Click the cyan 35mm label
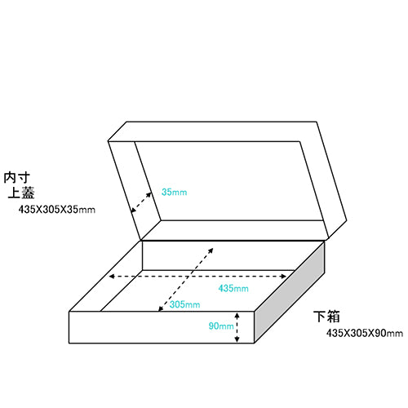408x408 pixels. [x=174, y=192]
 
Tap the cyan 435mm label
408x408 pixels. [x=233, y=288]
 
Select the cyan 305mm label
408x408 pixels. [x=184, y=304]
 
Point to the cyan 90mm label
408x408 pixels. [x=221, y=326]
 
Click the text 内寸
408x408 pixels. [x=16, y=178]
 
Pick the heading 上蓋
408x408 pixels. [x=21, y=193]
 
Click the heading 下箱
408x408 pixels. [x=326, y=317]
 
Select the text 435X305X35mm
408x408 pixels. [x=57, y=210]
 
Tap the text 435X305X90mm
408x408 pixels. [x=365, y=333]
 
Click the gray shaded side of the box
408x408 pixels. [x=290, y=292]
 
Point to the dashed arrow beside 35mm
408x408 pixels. [x=141, y=202]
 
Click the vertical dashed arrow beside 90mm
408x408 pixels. [x=237, y=327]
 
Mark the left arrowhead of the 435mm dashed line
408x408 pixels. [x=111, y=277]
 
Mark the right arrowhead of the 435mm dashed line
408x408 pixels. [x=283, y=277]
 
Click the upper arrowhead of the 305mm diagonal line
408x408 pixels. [x=211, y=251]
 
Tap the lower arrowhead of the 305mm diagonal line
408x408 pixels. [x=161, y=308]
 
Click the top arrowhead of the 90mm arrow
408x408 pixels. [x=237, y=315]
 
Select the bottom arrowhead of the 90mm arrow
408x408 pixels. [x=237, y=339]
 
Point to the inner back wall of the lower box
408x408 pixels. [x=218, y=255]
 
